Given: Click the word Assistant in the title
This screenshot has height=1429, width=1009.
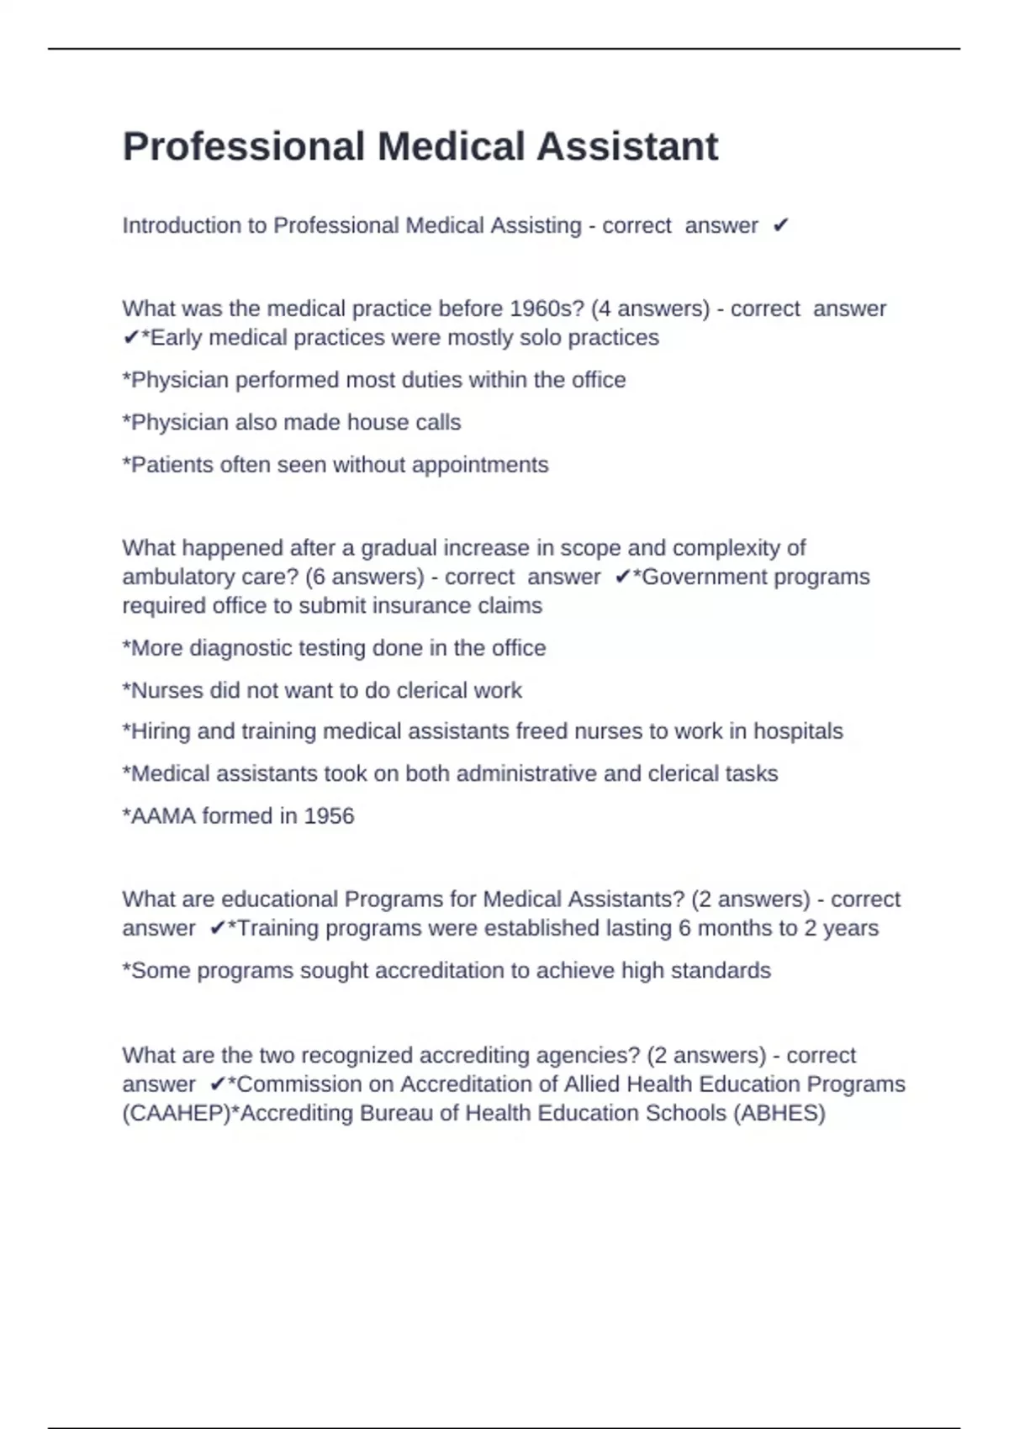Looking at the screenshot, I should pyautogui.click(x=627, y=147).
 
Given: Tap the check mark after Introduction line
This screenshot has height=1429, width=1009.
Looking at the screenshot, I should pyautogui.click(x=780, y=225).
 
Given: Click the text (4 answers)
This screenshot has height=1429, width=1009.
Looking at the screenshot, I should pyautogui.click(x=651, y=308).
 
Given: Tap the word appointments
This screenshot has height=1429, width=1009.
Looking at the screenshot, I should pyautogui.click(x=480, y=465).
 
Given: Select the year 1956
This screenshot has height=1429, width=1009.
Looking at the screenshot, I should pyautogui.click(x=329, y=816).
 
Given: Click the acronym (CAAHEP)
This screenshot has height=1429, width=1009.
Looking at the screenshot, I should pyautogui.click(x=176, y=1113).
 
